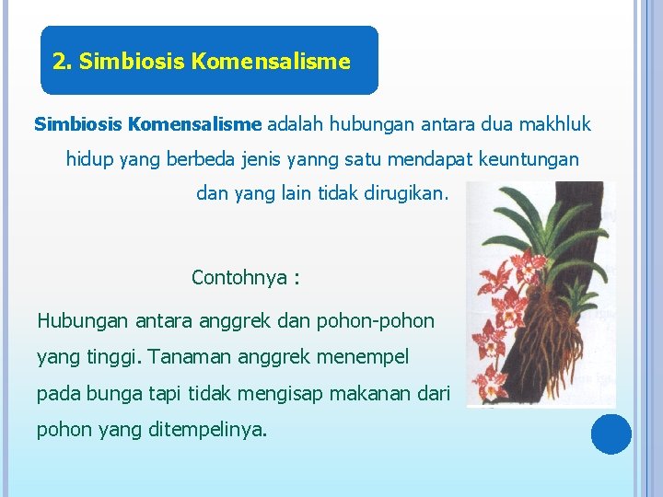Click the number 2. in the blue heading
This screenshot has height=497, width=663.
coord(63,62)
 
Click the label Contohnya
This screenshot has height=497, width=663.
coord(238,277)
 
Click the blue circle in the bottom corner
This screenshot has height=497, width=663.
coord(611,434)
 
